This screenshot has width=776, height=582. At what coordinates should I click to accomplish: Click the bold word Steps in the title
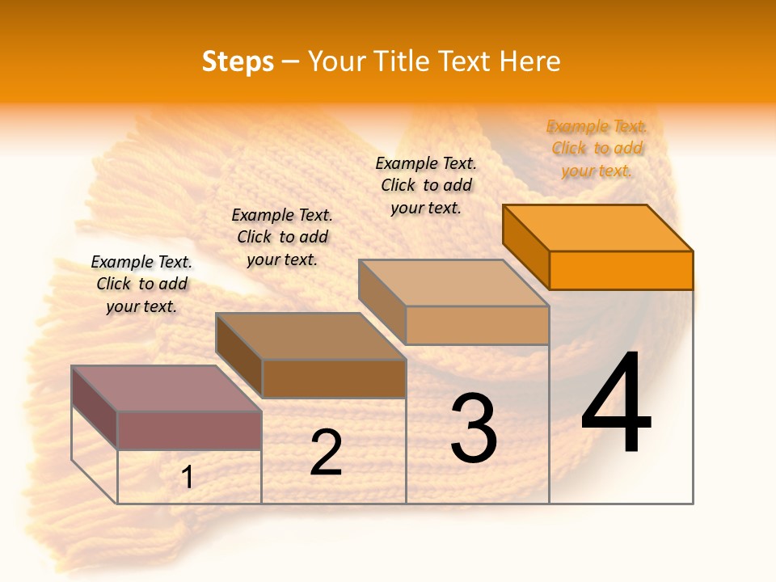click(x=238, y=61)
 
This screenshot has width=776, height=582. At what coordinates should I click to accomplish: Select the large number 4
click(x=616, y=404)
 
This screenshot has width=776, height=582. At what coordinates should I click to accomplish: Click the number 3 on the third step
click(x=474, y=429)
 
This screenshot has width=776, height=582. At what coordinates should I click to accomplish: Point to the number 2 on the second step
click(x=326, y=453)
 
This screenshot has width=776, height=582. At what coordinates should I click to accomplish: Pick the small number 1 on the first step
click(x=188, y=478)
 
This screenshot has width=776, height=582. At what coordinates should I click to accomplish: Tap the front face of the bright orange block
click(x=621, y=270)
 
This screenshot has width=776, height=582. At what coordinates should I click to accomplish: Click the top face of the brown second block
click(x=310, y=336)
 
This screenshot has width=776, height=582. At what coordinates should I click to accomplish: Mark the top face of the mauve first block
click(x=167, y=389)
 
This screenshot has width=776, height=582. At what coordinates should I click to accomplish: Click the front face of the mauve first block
click(x=189, y=430)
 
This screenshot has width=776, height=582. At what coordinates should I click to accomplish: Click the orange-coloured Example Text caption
click(x=597, y=149)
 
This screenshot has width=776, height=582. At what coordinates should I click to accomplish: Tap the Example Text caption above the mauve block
click(x=141, y=284)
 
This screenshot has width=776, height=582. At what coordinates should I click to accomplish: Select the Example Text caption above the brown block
click(x=282, y=237)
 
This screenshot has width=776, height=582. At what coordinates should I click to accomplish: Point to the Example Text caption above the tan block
click(x=426, y=185)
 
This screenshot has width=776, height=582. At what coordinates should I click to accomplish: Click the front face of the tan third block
click(x=477, y=325)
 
